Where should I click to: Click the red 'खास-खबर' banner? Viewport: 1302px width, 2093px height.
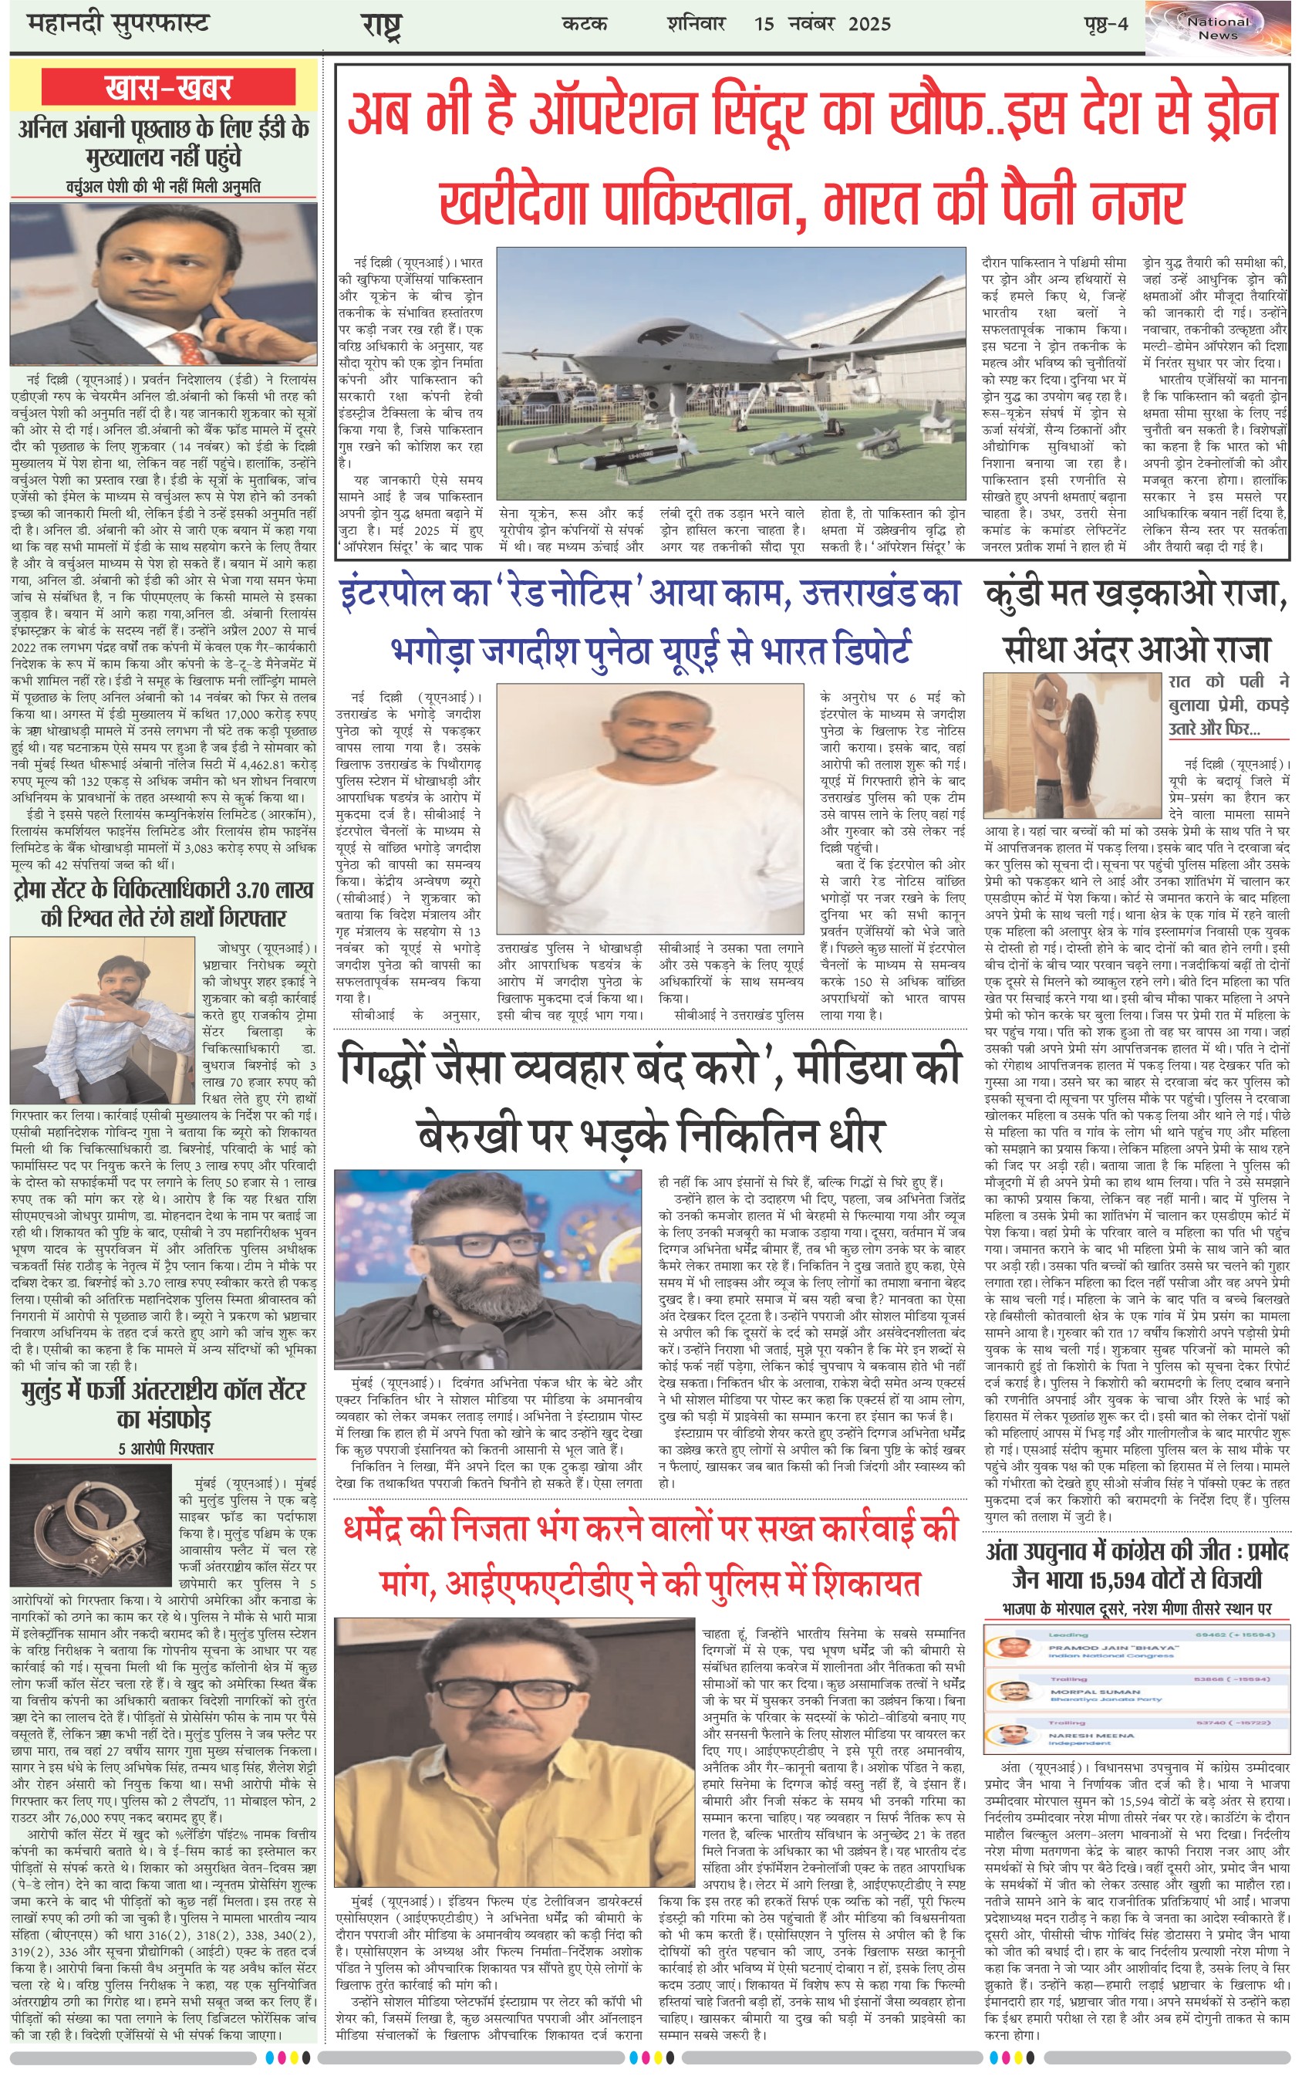pyautogui.click(x=168, y=87)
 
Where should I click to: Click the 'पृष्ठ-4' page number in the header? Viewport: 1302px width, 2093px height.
pyautogui.click(x=1105, y=23)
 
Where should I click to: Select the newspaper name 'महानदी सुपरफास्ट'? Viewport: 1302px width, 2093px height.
pyautogui.click(x=119, y=23)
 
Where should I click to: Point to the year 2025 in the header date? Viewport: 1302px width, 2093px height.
pyautogui.click(x=869, y=24)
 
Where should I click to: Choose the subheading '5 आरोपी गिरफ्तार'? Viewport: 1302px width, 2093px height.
pyautogui.click(x=166, y=1448)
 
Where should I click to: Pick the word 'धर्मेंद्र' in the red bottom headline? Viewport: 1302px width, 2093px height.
pyautogui.click(x=386, y=1529)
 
